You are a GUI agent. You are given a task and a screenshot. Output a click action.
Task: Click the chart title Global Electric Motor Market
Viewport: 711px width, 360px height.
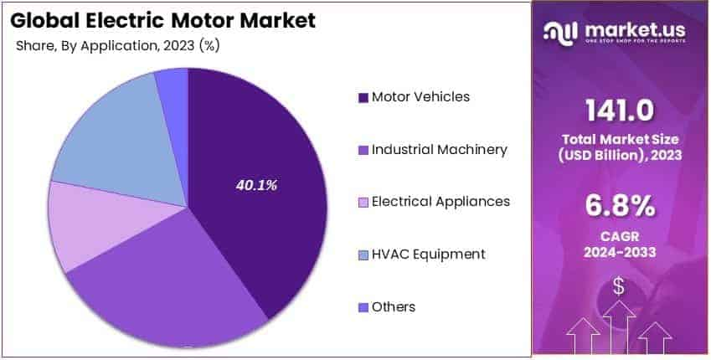[x=163, y=20]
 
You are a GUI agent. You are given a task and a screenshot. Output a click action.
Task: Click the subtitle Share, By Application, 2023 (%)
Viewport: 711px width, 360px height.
[x=118, y=46]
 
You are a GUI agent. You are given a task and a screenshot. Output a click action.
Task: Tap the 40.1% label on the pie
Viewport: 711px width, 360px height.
[x=255, y=184]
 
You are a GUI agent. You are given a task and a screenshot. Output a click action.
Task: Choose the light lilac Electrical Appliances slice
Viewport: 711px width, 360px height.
[x=88, y=226]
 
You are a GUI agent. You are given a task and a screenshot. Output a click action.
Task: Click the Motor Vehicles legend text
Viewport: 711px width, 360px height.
[x=420, y=96]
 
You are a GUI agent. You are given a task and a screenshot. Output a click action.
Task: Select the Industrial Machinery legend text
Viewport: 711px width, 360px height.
[x=439, y=149]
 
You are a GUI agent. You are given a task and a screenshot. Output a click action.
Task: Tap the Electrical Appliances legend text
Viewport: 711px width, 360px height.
[x=441, y=202]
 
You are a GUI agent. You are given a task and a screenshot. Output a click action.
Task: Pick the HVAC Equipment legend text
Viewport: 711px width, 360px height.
[x=428, y=254]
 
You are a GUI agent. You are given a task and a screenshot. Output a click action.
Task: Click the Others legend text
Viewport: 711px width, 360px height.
[x=394, y=306]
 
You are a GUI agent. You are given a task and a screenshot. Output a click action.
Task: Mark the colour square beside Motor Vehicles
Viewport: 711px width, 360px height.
[x=363, y=98]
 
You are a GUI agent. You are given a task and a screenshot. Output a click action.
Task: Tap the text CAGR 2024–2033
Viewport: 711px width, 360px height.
[x=620, y=242]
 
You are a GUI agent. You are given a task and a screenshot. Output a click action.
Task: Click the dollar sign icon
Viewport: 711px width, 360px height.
[x=619, y=286]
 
